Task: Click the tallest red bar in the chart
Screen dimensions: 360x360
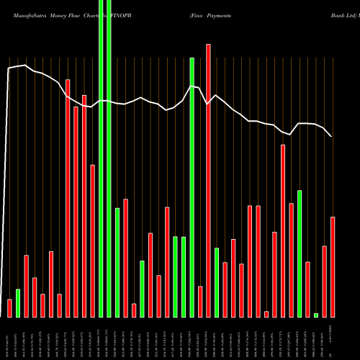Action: pos(209,180)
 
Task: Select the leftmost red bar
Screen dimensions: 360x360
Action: pos(10,308)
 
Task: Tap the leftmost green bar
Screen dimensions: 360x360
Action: pos(18,303)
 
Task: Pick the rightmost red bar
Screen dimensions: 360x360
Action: pos(333,266)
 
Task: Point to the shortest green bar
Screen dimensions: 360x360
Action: pos(316,315)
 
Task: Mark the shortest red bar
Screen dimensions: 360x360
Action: pos(266,314)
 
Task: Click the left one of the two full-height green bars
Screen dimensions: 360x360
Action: pos(101,158)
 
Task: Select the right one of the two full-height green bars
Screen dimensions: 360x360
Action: pos(109,158)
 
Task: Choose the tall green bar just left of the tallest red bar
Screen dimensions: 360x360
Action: pos(192,187)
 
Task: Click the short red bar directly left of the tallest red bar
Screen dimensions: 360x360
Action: pos(200,302)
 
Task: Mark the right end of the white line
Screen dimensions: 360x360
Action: pos(332,136)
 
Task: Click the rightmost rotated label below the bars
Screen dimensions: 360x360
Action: pos(332,338)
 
